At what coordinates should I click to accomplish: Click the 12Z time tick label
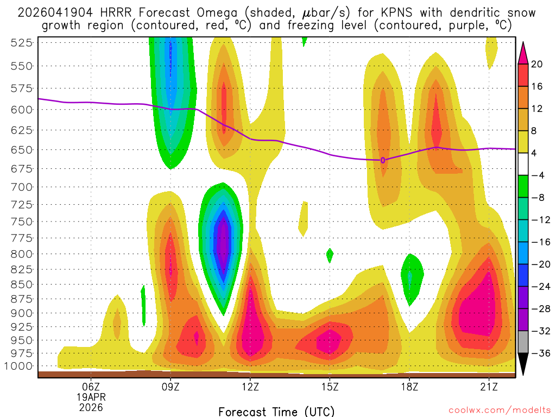coord(250,387)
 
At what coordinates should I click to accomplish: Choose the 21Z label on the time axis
coord(489,387)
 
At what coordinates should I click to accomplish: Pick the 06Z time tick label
coord(91,387)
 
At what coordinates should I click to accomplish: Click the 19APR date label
coord(91,397)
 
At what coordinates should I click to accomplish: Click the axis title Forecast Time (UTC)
coord(276,411)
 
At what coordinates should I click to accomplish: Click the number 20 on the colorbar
coord(537,64)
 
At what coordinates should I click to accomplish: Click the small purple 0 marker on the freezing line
coord(383,160)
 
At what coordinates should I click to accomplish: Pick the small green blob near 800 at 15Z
coord(330,254)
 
